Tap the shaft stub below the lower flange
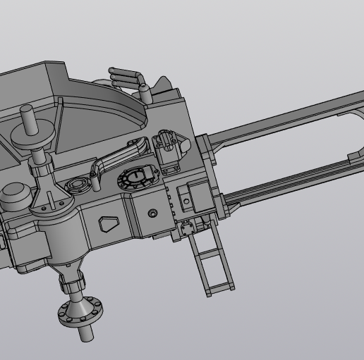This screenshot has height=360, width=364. point(86,332)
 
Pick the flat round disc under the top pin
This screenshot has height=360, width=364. point(30,136)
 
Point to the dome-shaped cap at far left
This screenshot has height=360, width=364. point(13,192)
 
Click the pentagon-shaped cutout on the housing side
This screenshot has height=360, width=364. point(109,224)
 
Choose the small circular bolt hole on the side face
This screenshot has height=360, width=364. point(153,213)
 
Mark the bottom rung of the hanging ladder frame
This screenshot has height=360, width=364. point(219,288)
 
